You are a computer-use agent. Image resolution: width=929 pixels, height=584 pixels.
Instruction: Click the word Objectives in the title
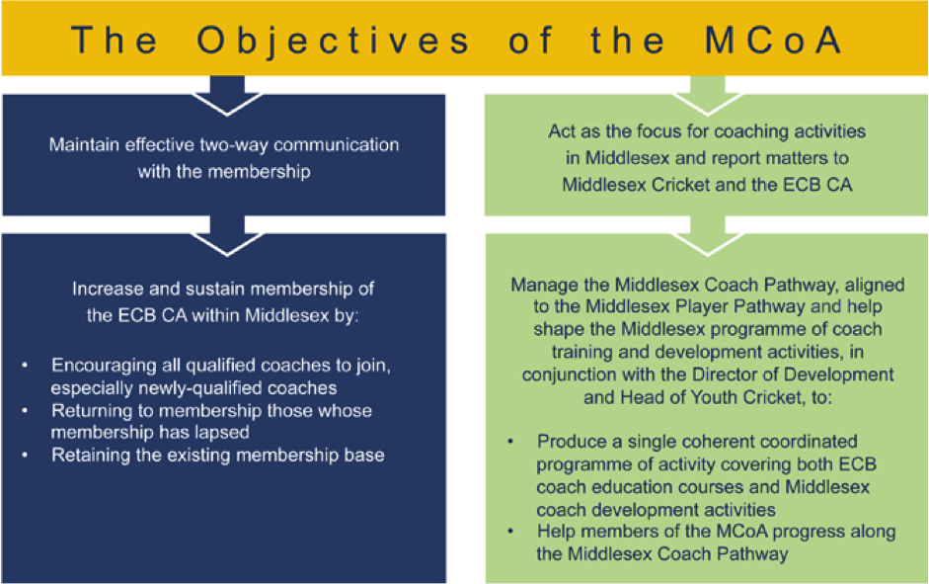coord(334,42)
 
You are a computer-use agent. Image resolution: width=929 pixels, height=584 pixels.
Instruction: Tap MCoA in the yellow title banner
coord(773,40)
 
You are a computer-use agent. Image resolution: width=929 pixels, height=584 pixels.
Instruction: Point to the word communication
coord(337,144)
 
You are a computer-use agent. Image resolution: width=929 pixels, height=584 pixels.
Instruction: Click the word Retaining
coord(88,456)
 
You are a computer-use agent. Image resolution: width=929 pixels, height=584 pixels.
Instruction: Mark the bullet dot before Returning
coord(25,410)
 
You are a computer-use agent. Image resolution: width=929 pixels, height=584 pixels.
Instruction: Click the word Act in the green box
coord(562,131)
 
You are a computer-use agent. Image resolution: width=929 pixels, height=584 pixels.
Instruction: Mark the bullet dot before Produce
coord(510,442)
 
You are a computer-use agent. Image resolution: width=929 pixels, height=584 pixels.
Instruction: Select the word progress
coord(810,532)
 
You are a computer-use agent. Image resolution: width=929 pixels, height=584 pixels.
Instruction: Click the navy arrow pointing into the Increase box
coord(227,236)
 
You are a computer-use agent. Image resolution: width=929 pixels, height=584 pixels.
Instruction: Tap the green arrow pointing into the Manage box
coord(708,236)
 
